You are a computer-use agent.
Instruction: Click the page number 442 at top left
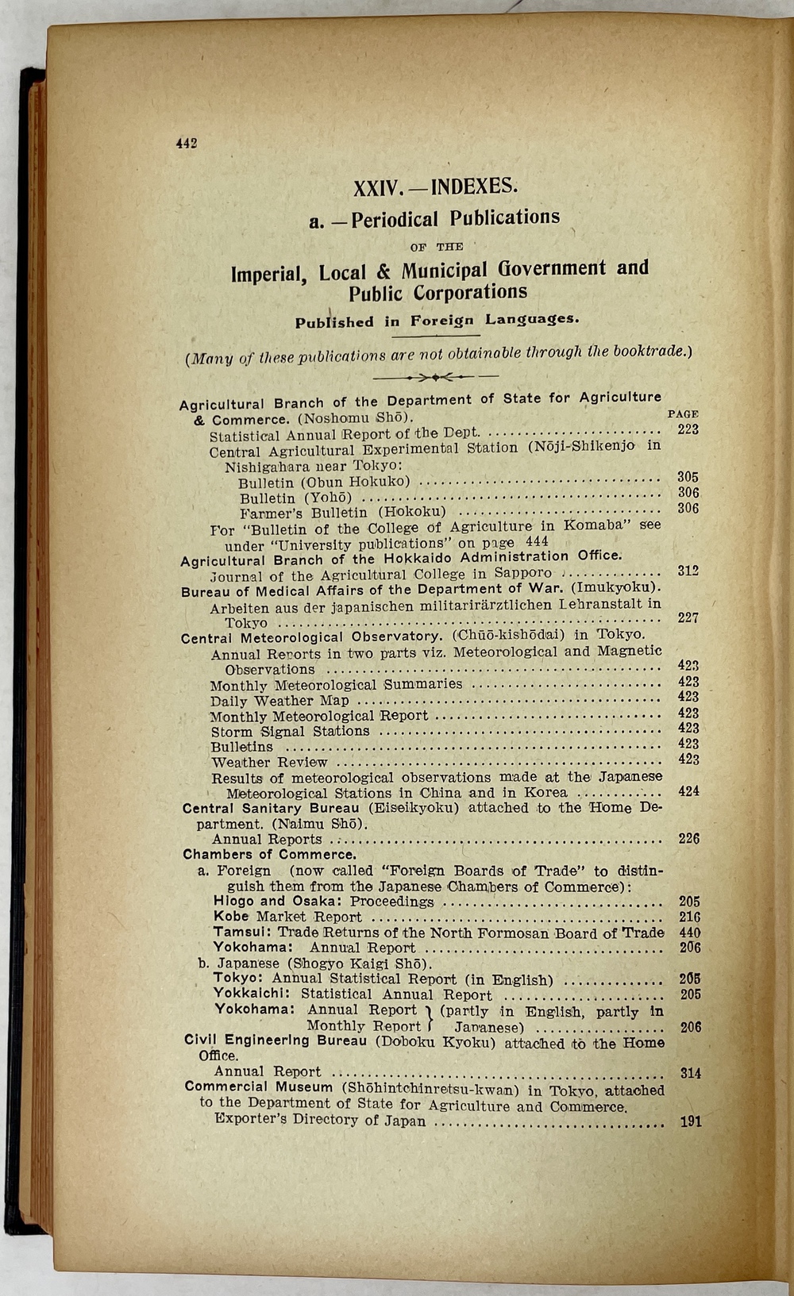pos(186,144)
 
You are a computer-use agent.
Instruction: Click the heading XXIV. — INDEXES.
pos(435,187)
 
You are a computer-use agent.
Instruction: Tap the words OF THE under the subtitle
pos(437,247)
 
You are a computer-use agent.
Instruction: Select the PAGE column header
pos(683,414)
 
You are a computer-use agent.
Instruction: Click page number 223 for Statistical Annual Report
pos(688,429)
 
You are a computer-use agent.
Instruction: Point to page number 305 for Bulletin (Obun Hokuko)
pos(688,477)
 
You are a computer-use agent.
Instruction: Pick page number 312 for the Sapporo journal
pos(688,571)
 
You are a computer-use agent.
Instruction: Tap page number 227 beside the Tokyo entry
pos(688,618)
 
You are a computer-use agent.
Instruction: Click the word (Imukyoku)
pos(624,587)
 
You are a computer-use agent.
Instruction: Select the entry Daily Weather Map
pos(279,701)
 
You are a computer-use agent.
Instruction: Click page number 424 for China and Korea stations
pos(689,791)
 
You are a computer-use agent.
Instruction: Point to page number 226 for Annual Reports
pos(689,839)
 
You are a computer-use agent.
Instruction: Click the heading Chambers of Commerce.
pos(269,855)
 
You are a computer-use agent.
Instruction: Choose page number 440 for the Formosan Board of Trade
pos(690,933)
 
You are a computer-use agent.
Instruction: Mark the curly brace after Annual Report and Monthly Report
pos(429,1018)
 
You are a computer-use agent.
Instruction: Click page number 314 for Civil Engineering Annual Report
pos(691,1073)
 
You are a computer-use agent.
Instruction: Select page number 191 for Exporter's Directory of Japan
pos(691,1122)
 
